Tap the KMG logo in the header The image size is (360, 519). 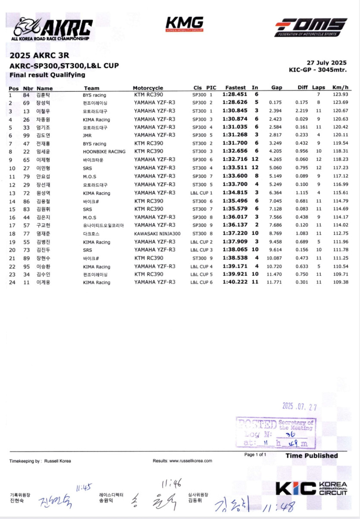tap(184, 24)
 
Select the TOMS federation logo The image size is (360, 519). tap(311, 27)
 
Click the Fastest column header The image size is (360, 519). tap(235, 88)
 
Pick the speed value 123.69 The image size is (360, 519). tap(340, 103)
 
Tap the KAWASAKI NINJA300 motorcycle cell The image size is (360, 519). tap(157, 234)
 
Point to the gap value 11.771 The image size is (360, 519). tap(275, 282)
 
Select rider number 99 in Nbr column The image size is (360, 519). tap(26, 135)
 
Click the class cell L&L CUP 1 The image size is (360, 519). tap(201, 193)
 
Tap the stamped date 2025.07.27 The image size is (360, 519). tap(299, 406)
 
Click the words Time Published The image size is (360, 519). tap(311, 456)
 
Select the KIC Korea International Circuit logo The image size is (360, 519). tap(311, 488)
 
